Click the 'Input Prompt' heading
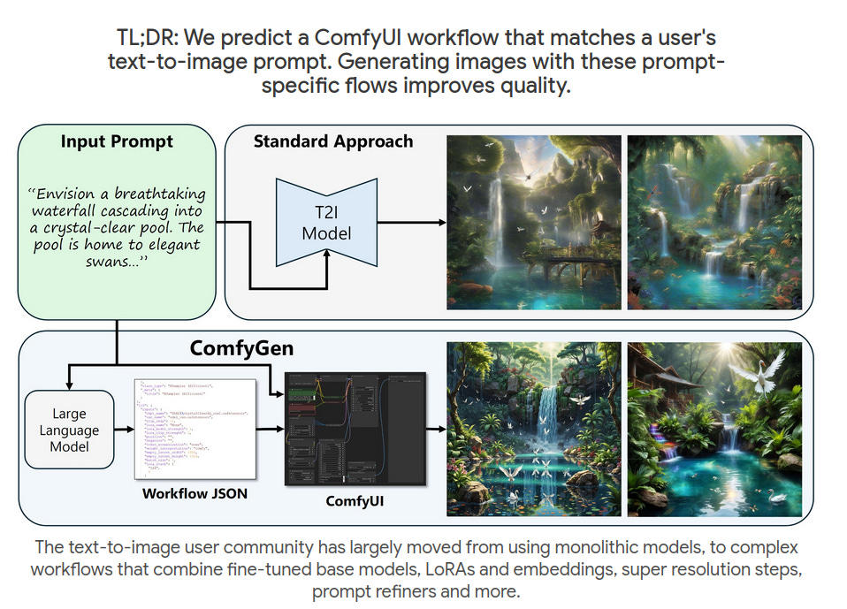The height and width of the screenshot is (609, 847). click(x=117, y=141)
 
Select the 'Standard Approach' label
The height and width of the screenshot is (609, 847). click(x=333, y=141)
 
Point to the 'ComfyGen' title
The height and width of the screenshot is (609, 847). click(x=241, y=349)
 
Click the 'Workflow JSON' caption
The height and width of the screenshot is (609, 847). click(x=195, y=493)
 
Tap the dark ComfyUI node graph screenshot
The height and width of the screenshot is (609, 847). click(x=354, y=429)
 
